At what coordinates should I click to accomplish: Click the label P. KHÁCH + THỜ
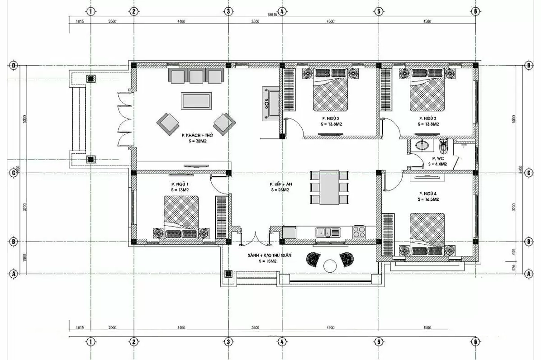click(x=197, y=135)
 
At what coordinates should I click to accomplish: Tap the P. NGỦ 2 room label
click(x=331, y=118)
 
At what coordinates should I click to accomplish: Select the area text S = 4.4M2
click(x=437, y=164)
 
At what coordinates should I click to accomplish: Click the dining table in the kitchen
click(x=329, y=187)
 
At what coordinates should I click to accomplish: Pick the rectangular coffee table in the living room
click(x=196, y=100)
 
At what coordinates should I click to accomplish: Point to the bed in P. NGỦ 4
click(x=427, y=235)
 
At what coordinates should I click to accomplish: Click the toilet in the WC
click(x=443, y=146)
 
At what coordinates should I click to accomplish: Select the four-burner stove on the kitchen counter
click(x=359, y=232)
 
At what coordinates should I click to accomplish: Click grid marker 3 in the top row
click(x=228, y=11)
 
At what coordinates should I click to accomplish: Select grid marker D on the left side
click(x=14, y=66)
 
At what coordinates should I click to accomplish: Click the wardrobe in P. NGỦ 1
click(x=221, y=217)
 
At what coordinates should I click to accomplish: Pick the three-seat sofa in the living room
click(x=196, y=76)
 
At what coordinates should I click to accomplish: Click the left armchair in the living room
click(x=168, y=122)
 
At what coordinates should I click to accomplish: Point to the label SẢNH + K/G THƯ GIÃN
click(x=269, y=256)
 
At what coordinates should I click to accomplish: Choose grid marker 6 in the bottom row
click(x=475, y=342)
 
